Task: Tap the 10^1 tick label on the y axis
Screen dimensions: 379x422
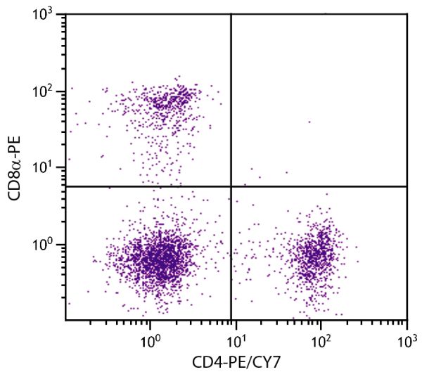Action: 48,168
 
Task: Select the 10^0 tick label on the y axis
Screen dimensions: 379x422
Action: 48,245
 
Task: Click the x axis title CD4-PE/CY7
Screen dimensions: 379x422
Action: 236,363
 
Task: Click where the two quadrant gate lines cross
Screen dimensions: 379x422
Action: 231,186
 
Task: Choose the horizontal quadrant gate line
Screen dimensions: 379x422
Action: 141,186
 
